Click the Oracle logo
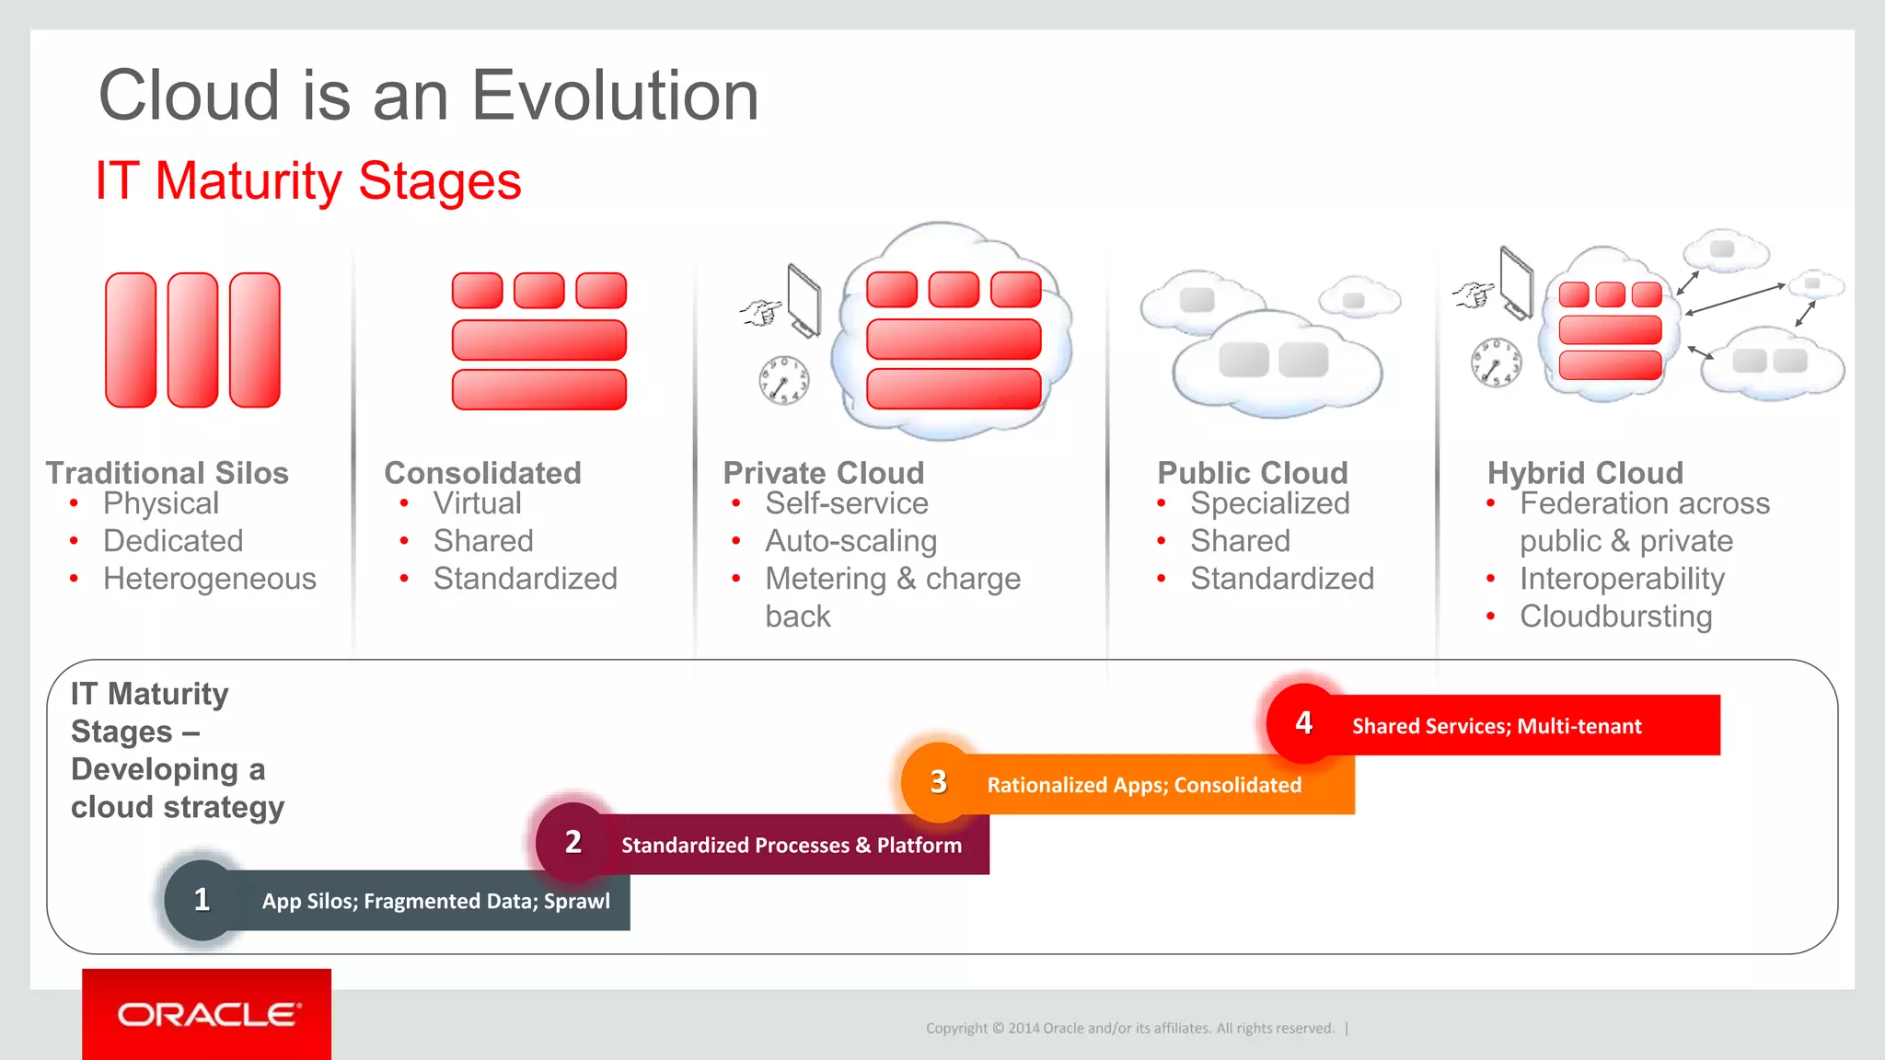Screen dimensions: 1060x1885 pyautogui.click(x=208, y=1014)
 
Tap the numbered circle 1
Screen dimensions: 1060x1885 pyautogui.click(x=202, y=899)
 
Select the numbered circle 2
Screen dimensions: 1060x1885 pyautogui.click(x=573, y=841)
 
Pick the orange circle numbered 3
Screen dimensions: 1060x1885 pyautogui.click(x=938, y=782)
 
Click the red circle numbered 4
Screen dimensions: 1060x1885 pyautogui.click(x=1303, y=723)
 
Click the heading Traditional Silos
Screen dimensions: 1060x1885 pyautogui.click(x=168, y=473)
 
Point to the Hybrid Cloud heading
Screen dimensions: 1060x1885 pyautogui.click(x=1585, y=473)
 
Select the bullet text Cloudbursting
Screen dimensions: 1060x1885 pyautogui.click(x=1615, y=616)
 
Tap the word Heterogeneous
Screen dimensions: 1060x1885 pyautogui.click(x=210, y=579)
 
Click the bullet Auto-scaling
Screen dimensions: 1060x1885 pyautogui.click(x=850, y=541)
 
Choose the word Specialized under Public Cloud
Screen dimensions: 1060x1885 pyautogui.click(x=1269, y=503)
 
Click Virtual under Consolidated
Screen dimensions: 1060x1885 pyautogui.click(x=477, y=503)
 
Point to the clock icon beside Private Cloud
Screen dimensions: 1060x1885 pyautogui.click(x=783, y=380)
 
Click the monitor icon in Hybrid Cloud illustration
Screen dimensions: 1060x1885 pyautogui.click(x=1516, y=283)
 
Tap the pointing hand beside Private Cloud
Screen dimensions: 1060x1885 pyautogui.click(x=760, y=312)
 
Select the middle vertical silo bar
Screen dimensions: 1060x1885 pyautogui.click(x=192, y=340)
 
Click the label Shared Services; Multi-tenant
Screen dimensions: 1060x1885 pyautogui.click(x=1496, y=726)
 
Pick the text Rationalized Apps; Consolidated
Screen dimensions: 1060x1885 pyautogui.click(x=1144, y=785)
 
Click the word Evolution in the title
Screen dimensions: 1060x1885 pyautogui.click(x=615, y=96)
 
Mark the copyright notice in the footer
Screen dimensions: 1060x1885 pyautogui.click(x=1129, y=1028)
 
